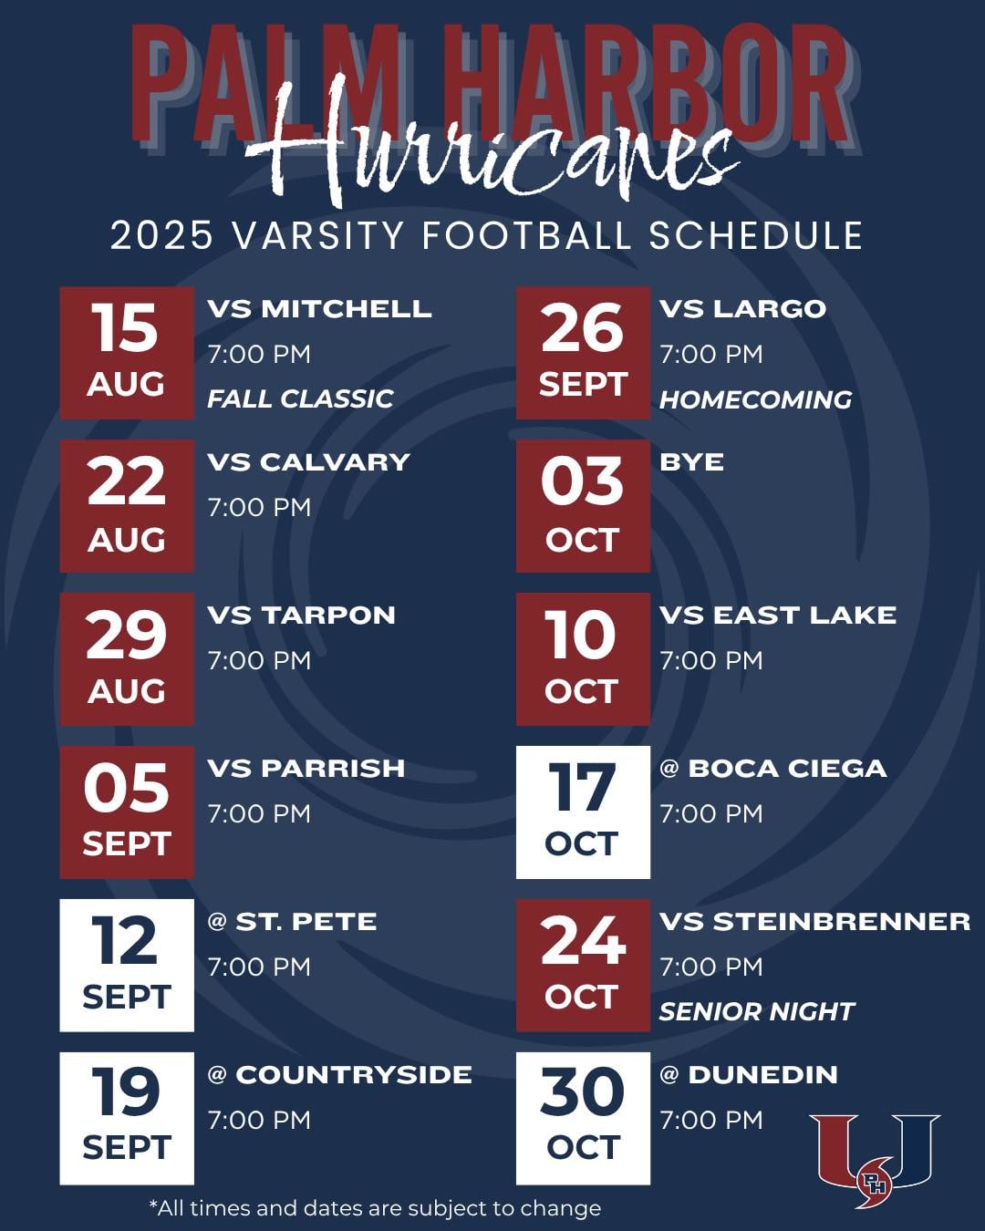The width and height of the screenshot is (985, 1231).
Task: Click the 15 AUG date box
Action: click(127, 353)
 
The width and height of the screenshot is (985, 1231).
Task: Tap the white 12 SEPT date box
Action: click(127, 966)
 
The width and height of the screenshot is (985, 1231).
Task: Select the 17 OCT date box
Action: click(583, 812)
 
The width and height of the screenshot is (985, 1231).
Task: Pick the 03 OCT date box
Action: click(583, 506)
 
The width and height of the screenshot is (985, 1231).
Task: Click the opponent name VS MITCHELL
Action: click(319, 309)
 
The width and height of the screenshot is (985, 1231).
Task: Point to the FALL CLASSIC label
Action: click(300, 398)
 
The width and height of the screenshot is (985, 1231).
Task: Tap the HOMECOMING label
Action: click(755, 399)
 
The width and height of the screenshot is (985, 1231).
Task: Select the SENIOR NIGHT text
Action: click(756, 1011)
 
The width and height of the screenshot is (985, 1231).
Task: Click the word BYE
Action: click(691, 462)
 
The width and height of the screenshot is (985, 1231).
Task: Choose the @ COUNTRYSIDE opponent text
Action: click(339, 1075)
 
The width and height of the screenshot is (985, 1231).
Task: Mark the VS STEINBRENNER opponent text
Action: click(814, 922)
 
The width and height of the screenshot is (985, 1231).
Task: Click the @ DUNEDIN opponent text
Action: click(748, 1075)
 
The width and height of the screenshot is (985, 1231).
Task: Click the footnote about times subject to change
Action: click(375, 1208)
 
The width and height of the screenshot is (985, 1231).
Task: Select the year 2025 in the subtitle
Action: click(161, 235)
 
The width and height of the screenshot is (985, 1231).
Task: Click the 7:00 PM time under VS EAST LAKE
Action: click(711, 660)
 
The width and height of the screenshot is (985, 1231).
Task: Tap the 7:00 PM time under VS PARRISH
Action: click(259, 813)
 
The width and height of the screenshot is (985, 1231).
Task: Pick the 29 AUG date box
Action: click(127, 659)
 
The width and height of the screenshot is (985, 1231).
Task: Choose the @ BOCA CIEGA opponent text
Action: click(772, 769)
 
